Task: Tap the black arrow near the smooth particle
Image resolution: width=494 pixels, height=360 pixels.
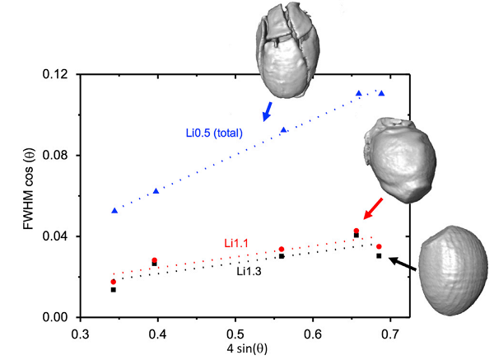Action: [403, 264]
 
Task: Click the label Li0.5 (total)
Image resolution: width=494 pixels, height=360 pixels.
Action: [213, 131]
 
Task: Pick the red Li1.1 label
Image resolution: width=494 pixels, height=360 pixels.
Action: [237, 243]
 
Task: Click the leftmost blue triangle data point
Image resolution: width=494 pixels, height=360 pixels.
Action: [114, 211]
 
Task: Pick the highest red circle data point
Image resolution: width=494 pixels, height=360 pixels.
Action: [357, 231]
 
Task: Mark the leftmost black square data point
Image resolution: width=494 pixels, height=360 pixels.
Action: [114, 290]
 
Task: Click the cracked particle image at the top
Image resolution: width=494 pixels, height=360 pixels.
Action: [284, 51]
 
